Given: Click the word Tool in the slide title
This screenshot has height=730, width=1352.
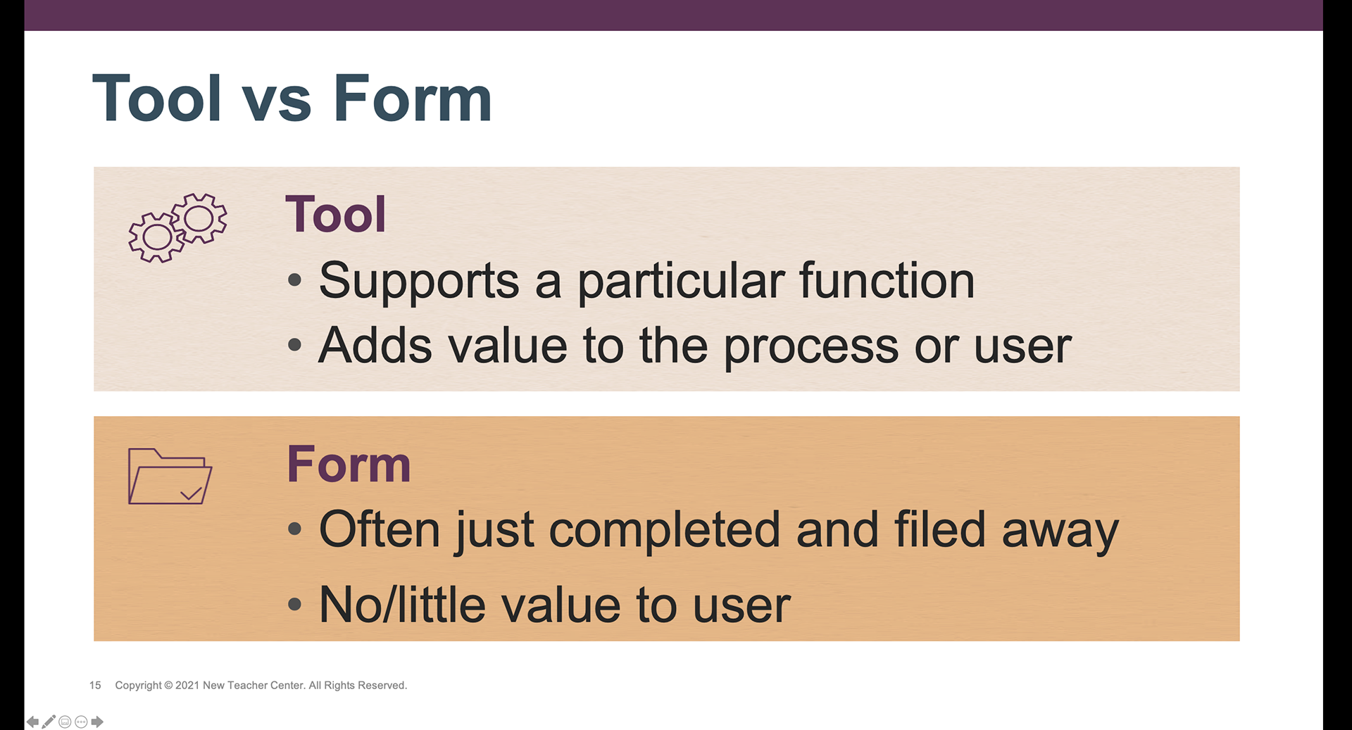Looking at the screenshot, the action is pos(157,98).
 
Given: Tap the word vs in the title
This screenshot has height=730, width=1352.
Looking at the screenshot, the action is pos(277,104).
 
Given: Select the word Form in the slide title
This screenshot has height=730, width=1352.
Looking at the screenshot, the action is pos(412,98).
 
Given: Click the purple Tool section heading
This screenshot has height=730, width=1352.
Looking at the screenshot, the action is pos(336,214).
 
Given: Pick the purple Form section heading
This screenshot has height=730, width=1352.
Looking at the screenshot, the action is pos(349,465).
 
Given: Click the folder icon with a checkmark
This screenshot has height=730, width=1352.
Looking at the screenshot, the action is pos(170,477).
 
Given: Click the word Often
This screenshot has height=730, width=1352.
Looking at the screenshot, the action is pos(380,529).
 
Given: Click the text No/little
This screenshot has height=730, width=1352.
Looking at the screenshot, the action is pos(402,604).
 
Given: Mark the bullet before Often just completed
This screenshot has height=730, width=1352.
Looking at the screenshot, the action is pos(295,530).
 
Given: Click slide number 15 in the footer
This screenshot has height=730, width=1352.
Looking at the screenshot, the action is pos(95,685).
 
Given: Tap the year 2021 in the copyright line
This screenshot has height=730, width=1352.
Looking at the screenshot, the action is pos(187,685).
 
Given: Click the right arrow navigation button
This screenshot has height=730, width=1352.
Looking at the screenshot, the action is pos(97,722).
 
